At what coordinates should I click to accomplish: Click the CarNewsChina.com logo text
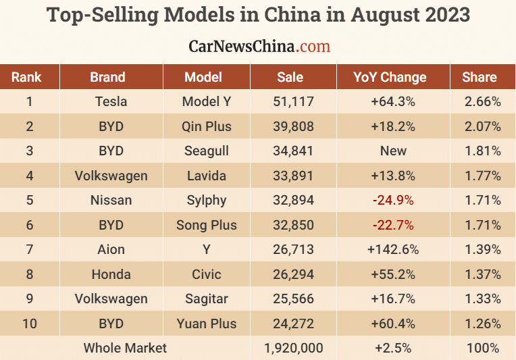click(259, 46)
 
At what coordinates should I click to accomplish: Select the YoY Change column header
click(390, 77)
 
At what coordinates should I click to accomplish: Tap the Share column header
click(480, 77)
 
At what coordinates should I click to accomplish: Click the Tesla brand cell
click(111, 102)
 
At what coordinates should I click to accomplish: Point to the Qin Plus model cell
click(207, 126)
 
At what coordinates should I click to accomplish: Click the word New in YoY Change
click(393, 151)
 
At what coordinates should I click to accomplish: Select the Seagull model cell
click(207, 151)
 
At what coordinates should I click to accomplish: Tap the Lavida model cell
click(207, 176)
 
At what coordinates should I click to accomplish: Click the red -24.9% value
click(393, 201)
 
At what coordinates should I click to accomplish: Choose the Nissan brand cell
click(111, 201)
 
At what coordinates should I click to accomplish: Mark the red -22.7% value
click(393, 225)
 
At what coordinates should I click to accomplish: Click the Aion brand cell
click(111, 250)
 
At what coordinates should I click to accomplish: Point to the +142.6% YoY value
click(393, 250)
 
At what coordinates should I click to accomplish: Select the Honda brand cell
click(111, 274)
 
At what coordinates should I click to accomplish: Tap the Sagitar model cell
click(207, 299)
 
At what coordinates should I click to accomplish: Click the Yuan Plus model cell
click(207, 324)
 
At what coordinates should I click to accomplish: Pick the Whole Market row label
click(125, 349)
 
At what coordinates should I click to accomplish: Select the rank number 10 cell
click(30, 324)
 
